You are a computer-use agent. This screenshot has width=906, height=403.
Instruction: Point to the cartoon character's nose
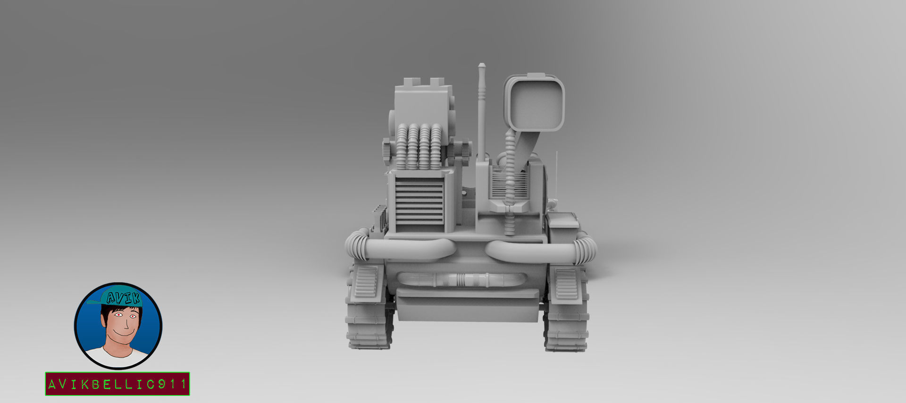[x=126, y=324]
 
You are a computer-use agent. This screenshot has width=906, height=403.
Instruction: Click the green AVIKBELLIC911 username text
[x=117, y=384]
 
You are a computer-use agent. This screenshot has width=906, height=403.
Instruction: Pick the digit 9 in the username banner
[x=161, y=384]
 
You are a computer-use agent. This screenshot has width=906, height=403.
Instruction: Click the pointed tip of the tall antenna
[x=481, y=64]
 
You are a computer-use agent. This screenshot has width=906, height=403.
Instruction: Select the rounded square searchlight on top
[x=534, y=102]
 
